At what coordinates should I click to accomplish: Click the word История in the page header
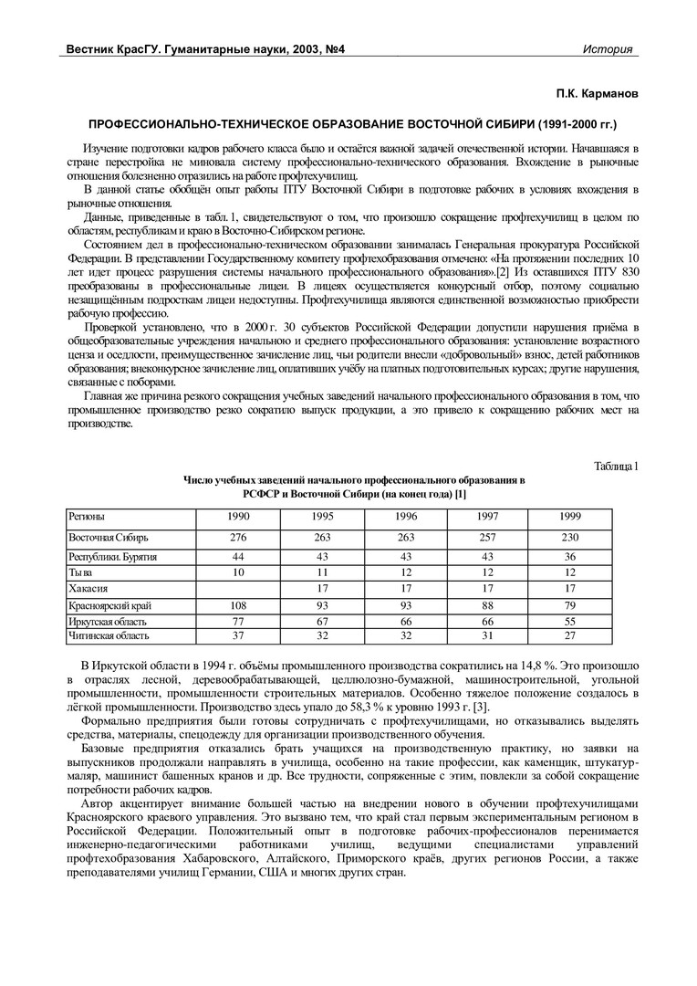tap(608, 49)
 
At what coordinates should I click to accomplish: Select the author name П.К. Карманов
tap(598, 94)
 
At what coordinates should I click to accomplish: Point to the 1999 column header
tap(569, 517)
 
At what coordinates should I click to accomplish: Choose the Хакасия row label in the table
tap(89, 588)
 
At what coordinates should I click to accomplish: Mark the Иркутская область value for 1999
tap(569, 620)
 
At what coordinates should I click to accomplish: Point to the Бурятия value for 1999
tap(569, 556)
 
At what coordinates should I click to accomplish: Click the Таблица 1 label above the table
tap(616, 467)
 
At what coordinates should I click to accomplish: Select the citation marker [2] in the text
tap(502, 272)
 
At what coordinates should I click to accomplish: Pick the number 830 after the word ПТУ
tap(626, 272)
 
